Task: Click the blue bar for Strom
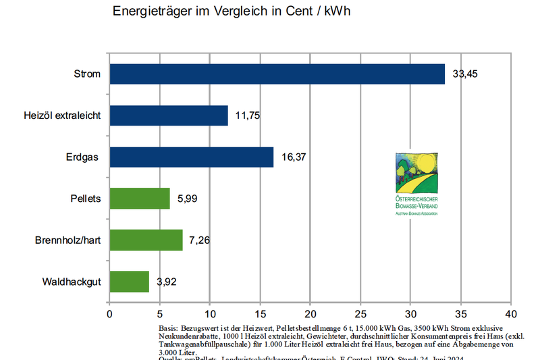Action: (277, 74)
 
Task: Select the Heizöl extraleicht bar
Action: (169, 115)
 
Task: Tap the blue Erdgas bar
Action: (191, 157)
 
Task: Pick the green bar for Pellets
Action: (139, 199)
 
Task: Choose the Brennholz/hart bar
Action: (146, 240)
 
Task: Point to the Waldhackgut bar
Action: (129, 282)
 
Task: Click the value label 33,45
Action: (465, 74)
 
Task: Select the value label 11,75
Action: (248, 115)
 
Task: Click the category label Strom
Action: (88, 74)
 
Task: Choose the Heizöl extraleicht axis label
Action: (62, 115)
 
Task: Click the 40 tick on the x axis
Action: (510, 314)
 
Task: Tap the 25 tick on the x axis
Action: (360, 314)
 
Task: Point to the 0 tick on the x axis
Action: (109, 314)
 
